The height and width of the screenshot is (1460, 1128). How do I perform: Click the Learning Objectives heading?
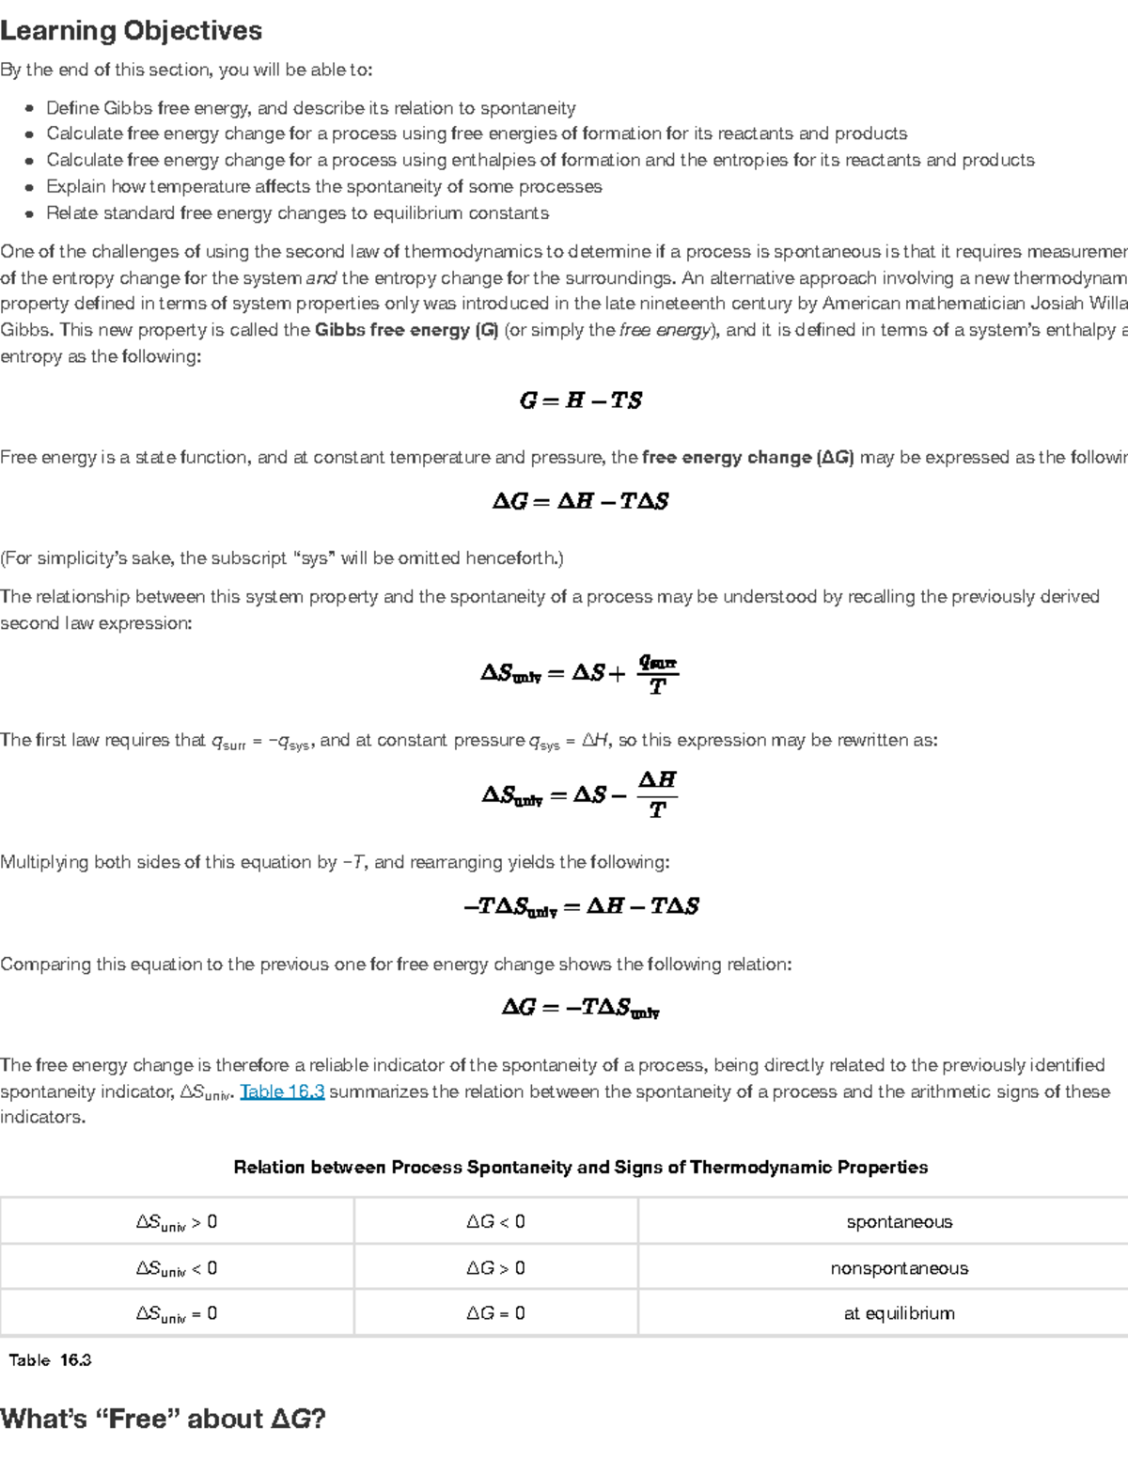coord(131,31)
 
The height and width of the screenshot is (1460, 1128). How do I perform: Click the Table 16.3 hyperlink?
coord(282,1091)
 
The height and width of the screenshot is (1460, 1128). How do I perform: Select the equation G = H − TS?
coord(580,400)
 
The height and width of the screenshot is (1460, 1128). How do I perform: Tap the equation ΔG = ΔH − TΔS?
coord(580,501)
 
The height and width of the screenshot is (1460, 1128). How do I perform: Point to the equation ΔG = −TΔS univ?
coord(580,1008)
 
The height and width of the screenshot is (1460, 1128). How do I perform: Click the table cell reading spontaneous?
coord(899,1222)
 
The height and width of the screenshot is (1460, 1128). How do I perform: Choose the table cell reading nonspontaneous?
coord(899,1268)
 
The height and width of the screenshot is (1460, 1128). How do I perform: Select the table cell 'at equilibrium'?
coord(899,1313)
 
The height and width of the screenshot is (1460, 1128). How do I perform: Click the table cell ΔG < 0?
coord(495,1222)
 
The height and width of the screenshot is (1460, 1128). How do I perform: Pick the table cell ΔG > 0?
coord(495,1268)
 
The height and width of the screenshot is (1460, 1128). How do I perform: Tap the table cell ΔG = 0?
coord(495,1313)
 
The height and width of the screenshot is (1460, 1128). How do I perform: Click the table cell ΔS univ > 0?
coord(177,1222)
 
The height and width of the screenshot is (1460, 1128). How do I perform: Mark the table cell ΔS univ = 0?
coord(177,1313)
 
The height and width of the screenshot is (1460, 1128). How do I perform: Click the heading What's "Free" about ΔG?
coord(163,1419)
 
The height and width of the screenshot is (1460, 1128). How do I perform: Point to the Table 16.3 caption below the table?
coord(50,1360)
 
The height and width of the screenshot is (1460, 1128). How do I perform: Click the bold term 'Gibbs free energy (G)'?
coord(406,330)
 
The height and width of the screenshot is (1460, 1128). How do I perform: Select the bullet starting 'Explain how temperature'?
coord(323,186)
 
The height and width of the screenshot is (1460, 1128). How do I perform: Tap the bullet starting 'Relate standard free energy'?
coord(297,213)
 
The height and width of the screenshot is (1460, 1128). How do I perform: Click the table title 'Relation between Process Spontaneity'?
coord(580,1168)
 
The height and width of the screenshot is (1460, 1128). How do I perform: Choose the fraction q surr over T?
coord(657,674)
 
